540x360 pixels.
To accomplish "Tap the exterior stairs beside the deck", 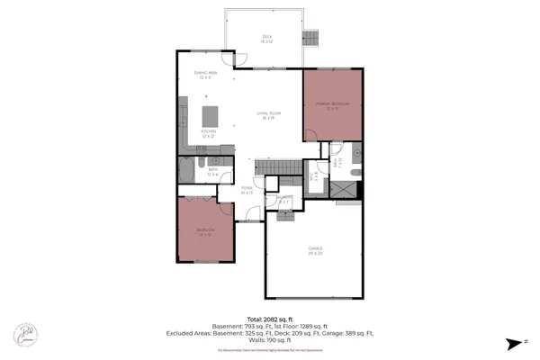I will pos(312,38).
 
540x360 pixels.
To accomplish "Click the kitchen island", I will pos(210,116).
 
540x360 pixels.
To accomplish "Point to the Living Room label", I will pos(268,114).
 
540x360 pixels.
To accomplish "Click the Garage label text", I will pos(315,249).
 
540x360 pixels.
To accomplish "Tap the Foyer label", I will pos(246,190).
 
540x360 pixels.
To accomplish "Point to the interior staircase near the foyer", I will pos(273,167).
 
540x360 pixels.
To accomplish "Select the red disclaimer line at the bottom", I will pos(269,350).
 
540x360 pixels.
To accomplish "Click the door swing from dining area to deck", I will pos(240,59).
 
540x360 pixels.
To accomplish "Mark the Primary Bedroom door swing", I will pos(312,135).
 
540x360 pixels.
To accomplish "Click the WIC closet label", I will pos(314,177).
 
